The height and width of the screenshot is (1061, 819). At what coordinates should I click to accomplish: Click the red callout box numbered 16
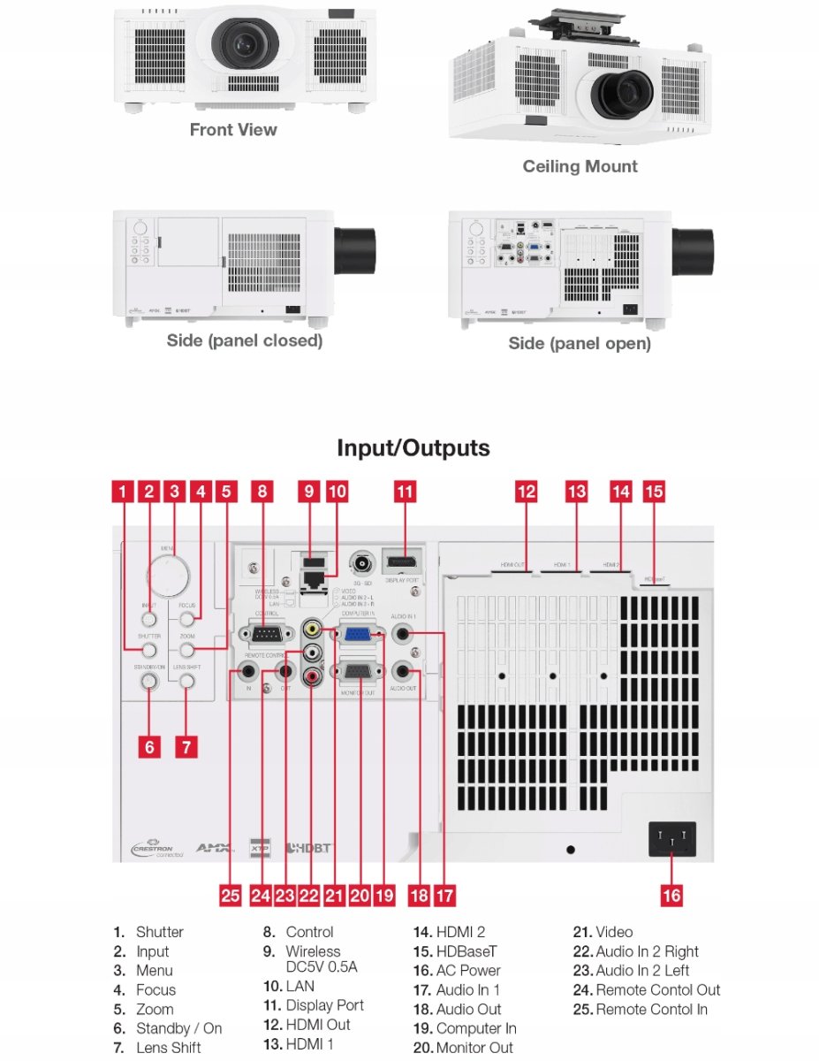pyautogui.click(x=671, y=896)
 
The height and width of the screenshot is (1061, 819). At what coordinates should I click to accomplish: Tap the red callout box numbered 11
pyautogui.click(x=404, y=492)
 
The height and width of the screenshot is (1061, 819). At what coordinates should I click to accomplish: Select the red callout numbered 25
pyautogui.click(x=231, y=896)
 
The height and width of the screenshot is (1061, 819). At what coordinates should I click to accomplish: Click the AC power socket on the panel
pyautogui.click(x=672, y=839)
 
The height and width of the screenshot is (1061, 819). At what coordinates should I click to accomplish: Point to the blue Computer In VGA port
pyautogui.click(x=357, y=633)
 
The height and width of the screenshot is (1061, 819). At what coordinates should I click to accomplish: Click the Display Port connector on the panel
pyautogui.click(x=404, y=562)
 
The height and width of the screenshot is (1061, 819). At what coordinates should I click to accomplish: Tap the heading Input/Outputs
pyautogui.click(x=413, y=448)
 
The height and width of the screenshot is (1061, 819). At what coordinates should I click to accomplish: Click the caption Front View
pyautogui.click(x=233, y=130)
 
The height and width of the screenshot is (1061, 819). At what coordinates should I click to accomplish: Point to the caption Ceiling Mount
pyautogui.click(x=580, y=166)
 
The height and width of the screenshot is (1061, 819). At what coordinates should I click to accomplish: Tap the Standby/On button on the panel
pyautogui.click(x=148, y=681)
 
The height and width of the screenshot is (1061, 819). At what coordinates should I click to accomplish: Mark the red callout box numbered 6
pyautogui.click(x=149, y=747)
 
